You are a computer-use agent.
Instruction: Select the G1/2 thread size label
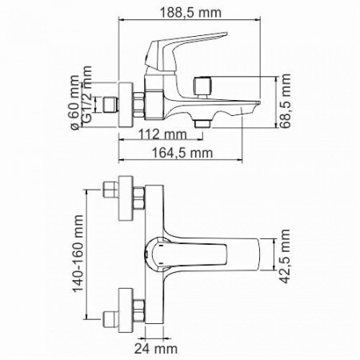click(86, 101)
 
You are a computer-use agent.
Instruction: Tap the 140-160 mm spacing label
click(78, 254)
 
